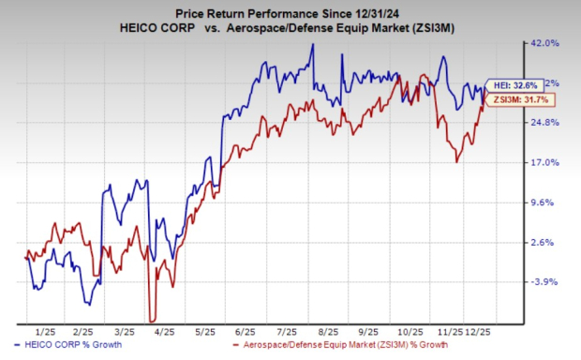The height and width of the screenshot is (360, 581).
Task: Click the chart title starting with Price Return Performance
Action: point(290,10)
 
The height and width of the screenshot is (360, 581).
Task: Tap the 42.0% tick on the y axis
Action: point(546,43)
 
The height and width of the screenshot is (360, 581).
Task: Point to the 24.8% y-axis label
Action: point(546,123)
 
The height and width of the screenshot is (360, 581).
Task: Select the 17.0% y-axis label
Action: point(546,163)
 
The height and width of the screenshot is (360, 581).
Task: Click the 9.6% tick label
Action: point(546,202)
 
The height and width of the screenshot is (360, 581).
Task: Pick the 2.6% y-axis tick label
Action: point(546,243)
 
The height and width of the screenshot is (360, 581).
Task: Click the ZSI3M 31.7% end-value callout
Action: point(516,98)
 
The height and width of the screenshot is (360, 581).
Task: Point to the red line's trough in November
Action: point(456,162)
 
